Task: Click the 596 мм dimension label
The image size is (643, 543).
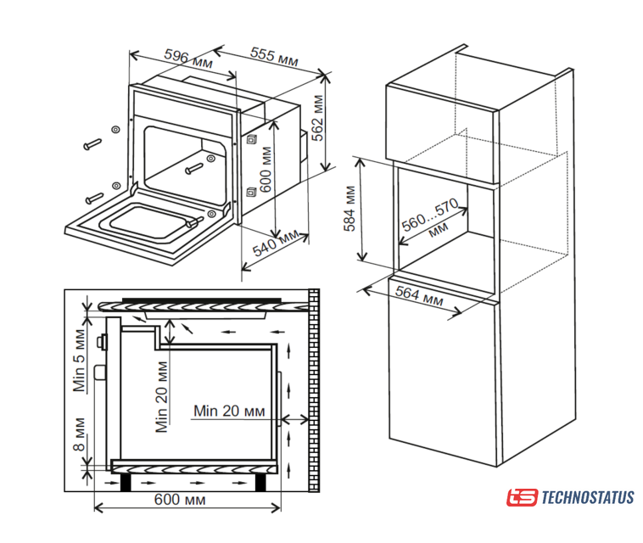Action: click(187, 59)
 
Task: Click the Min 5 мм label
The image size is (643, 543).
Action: click(79, 361)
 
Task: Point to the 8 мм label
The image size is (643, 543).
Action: click(78, 434)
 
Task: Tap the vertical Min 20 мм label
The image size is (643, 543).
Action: click(161, 396)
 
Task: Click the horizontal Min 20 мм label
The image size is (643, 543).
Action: click(229, 411)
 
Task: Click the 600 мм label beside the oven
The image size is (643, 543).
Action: click(266, 171)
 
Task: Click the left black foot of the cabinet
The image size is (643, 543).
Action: click(126, 482)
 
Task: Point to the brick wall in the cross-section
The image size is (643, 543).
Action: click(314, 390)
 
